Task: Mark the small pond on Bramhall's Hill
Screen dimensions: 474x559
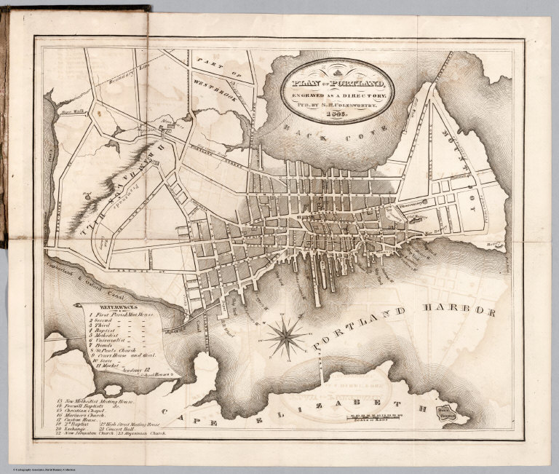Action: coord(86,195)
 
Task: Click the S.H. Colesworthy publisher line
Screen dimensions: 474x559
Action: coord(338,105)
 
